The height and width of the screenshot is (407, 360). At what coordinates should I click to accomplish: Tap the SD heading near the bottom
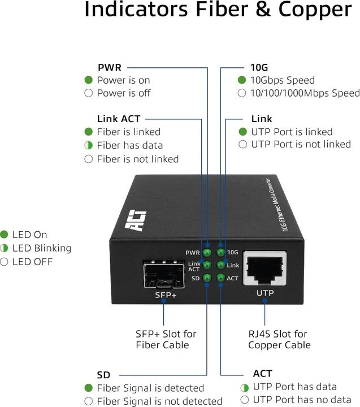coord(103,375)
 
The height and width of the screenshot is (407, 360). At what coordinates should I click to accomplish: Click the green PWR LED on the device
coord(207,252)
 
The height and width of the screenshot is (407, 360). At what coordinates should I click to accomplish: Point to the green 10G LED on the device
coord(220,252)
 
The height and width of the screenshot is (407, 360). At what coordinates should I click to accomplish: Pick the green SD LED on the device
coord(207,278)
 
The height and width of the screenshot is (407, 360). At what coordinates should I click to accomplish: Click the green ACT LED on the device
coord(220,278)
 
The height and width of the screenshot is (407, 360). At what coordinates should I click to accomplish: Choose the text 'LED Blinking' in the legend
coord(41,248)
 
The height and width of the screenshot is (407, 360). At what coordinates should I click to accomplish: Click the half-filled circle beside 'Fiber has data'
coord(88,145)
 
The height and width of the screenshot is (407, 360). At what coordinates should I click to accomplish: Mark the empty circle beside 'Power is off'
coord(88,93)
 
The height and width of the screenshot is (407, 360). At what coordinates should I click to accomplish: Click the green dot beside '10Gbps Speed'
coord(242,80)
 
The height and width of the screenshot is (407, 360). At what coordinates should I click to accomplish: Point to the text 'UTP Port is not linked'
coord(301,145)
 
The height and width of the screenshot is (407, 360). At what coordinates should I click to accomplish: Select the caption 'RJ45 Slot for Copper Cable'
coord(279,340)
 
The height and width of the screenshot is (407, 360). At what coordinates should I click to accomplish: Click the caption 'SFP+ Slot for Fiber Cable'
coord(163,340)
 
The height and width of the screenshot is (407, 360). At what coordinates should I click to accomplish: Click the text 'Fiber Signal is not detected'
coord(159,401)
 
